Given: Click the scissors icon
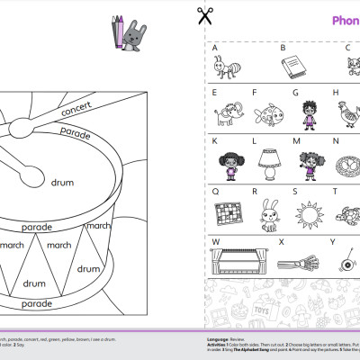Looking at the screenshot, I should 205,15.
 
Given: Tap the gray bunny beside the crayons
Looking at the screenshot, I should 137,32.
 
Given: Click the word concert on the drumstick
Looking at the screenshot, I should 76,110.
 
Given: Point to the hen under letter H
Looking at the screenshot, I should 344,112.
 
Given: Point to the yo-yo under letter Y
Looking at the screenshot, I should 346,262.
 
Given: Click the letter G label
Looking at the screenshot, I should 294,92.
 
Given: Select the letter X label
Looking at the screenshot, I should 281,241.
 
